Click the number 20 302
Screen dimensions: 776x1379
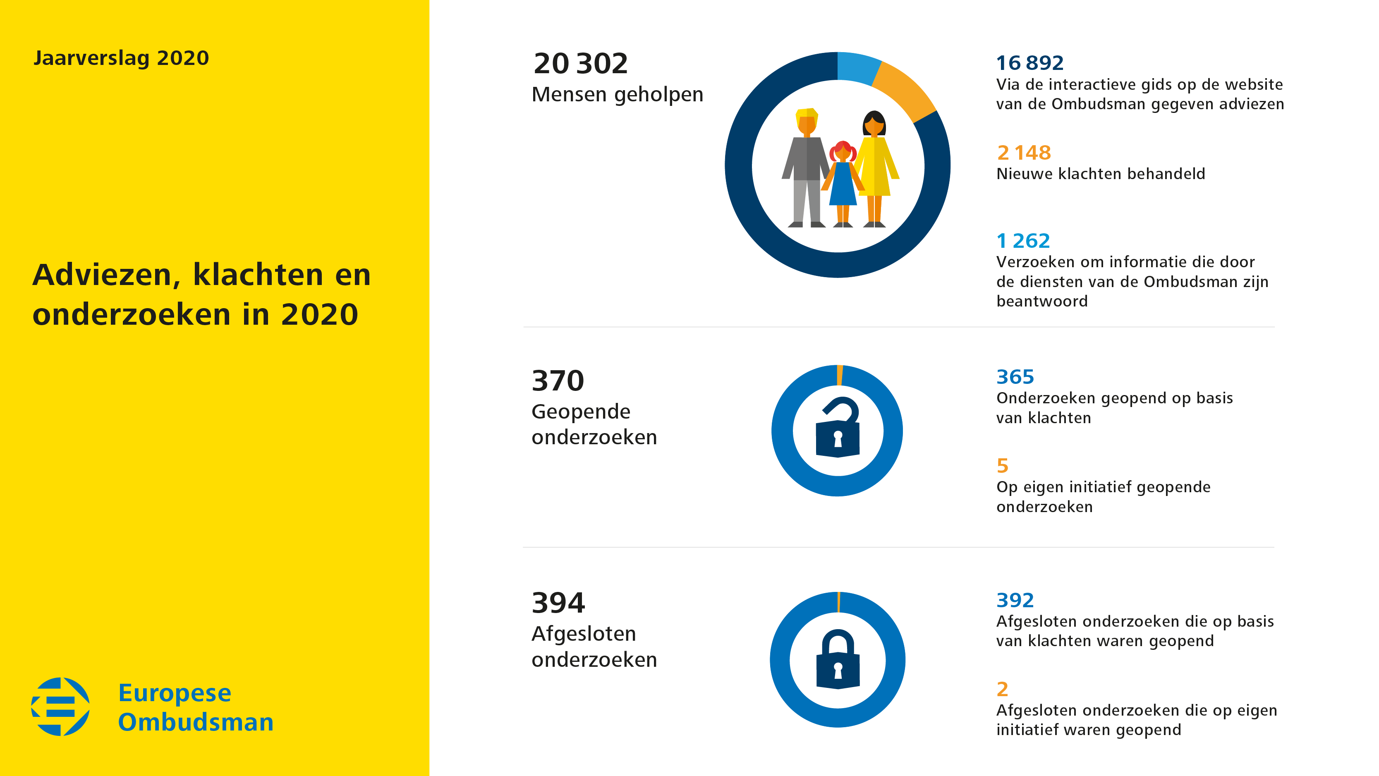(x=580, y=64)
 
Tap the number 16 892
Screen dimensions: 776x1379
(x=1029, y=63)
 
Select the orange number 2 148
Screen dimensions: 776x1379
(x=1024, y=153)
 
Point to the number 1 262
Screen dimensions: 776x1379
(x=1022, y=241)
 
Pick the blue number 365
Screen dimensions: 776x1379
(x=1015, y=377)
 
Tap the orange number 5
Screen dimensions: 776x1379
(x=1002, y=466)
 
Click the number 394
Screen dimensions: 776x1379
(x=558, y=603)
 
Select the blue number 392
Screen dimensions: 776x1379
(x=1015, y=600)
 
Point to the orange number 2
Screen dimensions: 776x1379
(x=1002, y=689)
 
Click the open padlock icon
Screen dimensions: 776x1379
(x=838, y=429)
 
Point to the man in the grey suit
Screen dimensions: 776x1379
(x=806, y=166)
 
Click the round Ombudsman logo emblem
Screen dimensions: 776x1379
(x=60, y=707)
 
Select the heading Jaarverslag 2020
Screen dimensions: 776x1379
(x=121, y=58)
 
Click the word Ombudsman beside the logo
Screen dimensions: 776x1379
(x=195, y=723)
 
